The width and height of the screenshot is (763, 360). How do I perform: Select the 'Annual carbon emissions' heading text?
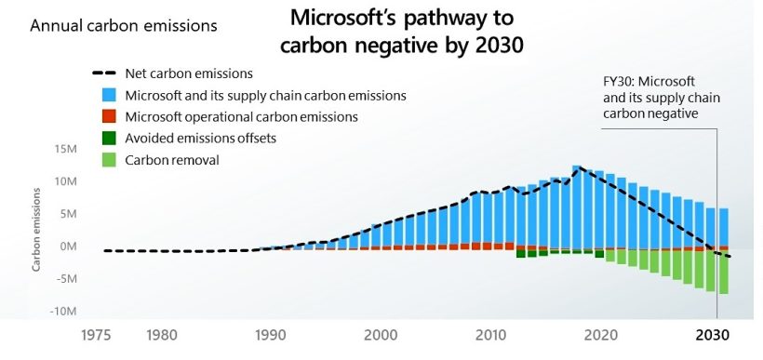pos(124,26)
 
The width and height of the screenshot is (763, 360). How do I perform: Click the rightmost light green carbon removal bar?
pos(723,272)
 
